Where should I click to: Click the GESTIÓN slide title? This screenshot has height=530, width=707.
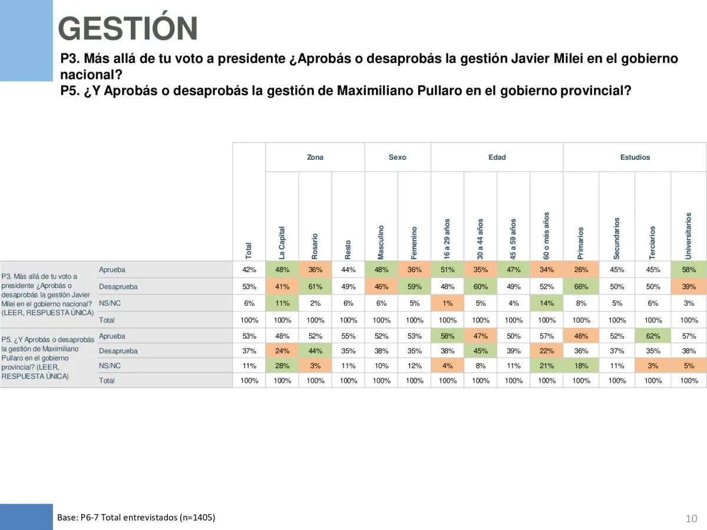tap(128, 29)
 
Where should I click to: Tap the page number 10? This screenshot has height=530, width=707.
tap(692, 518)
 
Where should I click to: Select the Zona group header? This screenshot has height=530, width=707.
tap(315, 157)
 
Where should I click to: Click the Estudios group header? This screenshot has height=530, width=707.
tap(635, 157)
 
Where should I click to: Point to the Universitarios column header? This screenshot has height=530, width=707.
tap(688, 235)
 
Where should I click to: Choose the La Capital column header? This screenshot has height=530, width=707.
tap(282, 242)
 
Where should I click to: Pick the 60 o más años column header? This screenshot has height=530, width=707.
tap(547, 235)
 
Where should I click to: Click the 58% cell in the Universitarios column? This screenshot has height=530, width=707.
tap(689, 270)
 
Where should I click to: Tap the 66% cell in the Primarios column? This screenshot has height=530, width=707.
tap(581, 287)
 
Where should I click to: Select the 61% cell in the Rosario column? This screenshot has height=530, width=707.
tap(315, 287)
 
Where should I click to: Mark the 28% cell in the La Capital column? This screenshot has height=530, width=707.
tap(282, 366)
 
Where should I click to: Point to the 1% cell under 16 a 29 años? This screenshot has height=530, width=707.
tap(448, 303)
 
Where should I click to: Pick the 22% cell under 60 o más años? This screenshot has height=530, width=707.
tap(547, 351)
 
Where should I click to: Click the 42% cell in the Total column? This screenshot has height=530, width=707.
tap(249, 270)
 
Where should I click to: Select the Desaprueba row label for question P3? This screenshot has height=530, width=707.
tap(118, 287)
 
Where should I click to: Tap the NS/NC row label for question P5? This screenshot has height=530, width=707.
tap(110, 366)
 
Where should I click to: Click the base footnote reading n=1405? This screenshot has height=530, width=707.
tap(136, 518)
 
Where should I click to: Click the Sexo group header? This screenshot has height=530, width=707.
tap(398, 157)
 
